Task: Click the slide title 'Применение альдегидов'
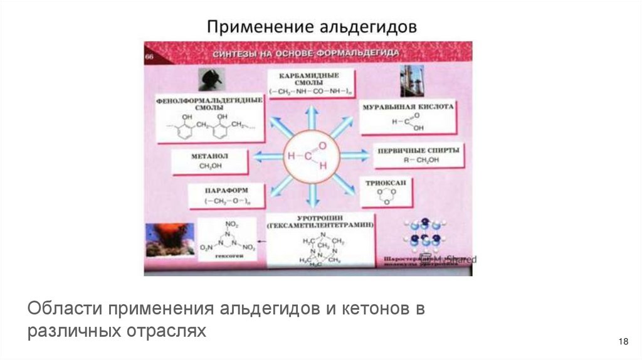click(312, 27)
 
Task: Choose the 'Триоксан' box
click(385, 191)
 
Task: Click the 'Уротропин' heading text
click(320, 220)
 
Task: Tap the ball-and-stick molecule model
click(421, 236)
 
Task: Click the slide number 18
click(623, 341)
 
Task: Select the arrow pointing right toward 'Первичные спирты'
click(354, 155)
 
